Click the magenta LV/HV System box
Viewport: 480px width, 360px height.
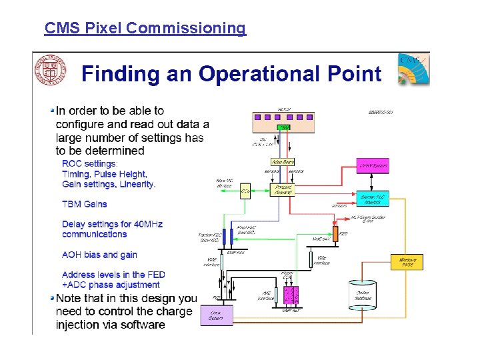(373, 165)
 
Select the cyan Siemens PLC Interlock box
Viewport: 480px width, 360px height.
(371, 199)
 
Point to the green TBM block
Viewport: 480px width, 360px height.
(285, 127)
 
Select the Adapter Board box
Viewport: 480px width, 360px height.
(283, 161)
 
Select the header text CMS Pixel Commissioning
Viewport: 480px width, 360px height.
(145, 28)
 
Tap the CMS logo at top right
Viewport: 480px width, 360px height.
(413, 69)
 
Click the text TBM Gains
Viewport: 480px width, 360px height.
(84, 204)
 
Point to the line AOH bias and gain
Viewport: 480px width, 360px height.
(99, 255)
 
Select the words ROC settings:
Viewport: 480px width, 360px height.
(89, 163)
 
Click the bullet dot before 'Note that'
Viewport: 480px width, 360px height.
(52, 298)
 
